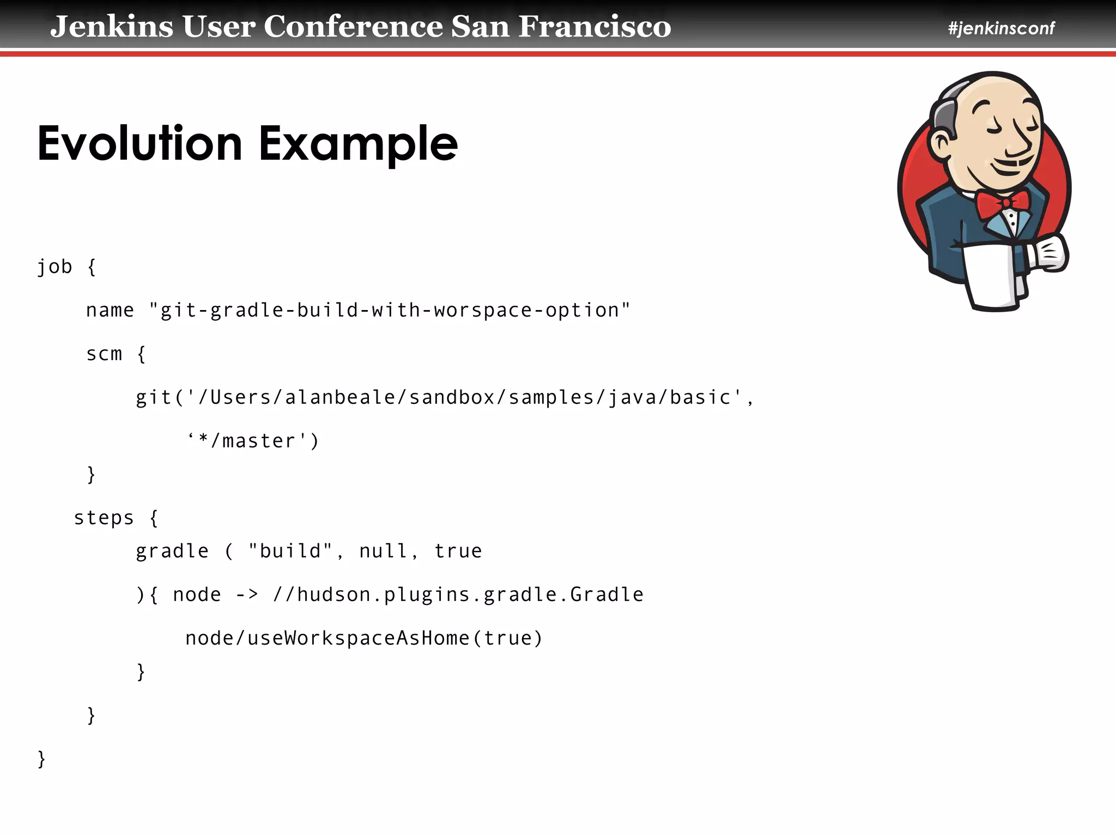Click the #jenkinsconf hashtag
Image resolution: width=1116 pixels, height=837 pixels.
pos(1001,28)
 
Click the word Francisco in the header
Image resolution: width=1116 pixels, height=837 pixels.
pos(595,26)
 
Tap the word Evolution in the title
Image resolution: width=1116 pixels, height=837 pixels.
pos(139,143)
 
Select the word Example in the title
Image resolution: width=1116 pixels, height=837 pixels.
pos(358,144)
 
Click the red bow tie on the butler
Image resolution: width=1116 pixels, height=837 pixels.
pos(1002,203)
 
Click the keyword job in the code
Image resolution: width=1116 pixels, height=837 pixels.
pos(54,267)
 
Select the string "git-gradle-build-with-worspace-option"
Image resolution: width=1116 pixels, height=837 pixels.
pos(390,311)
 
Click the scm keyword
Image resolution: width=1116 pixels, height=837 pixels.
pos(104,354)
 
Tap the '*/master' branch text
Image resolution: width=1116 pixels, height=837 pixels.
pos(253,441)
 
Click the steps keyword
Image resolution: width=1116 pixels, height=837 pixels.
pos(104,518)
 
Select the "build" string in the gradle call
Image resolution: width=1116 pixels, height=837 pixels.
pos(290,551)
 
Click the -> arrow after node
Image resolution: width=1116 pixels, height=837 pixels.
pos(247,595)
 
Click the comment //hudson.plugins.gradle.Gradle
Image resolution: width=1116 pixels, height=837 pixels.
pos(458,595)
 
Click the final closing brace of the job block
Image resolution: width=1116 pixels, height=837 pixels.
pos(41,759)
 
